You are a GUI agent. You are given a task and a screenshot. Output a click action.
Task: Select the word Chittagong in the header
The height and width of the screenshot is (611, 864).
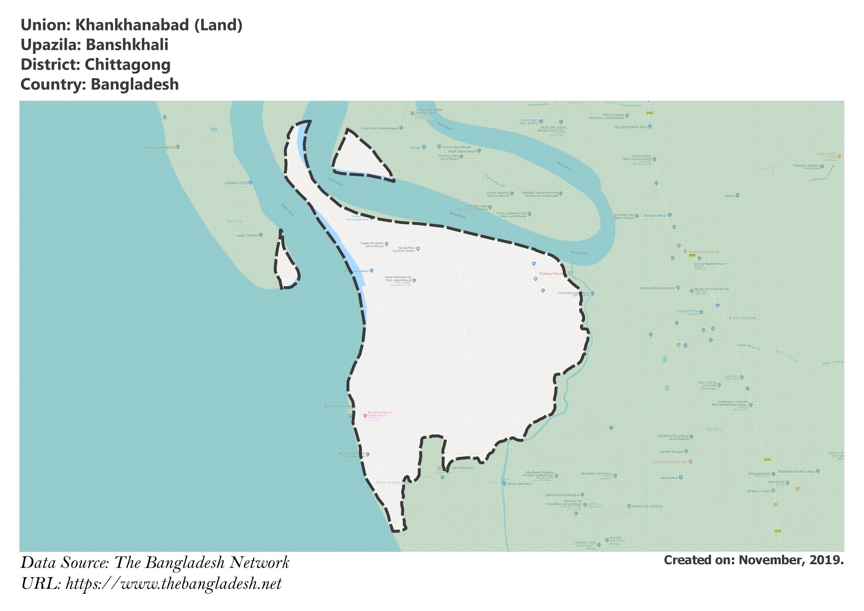click(127, 65)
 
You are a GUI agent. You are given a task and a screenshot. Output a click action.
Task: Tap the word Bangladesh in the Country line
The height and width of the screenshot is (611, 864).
click(135, 84)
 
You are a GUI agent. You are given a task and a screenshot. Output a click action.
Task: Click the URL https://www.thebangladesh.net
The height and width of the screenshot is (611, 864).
click(173, 584)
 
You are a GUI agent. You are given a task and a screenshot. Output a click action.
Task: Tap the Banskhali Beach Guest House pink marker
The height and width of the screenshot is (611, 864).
click(365, 416)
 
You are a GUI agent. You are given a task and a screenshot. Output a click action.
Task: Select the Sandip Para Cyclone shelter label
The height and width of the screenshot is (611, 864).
click(404, 249)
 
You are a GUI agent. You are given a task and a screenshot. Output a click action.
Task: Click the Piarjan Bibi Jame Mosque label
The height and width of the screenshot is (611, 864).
click(379, 128)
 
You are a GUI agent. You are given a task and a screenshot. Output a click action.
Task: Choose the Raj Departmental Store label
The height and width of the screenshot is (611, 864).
click(630, 127)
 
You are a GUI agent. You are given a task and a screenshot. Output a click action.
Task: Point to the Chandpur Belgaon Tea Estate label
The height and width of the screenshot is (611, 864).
click(806, 167)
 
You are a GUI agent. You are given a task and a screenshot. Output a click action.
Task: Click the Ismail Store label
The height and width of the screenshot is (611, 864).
click(669, 478)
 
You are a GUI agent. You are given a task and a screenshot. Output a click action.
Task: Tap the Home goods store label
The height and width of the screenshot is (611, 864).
click(357, 219)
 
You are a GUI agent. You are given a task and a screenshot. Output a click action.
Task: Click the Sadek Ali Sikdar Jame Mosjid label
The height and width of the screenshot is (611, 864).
click(372, 244)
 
